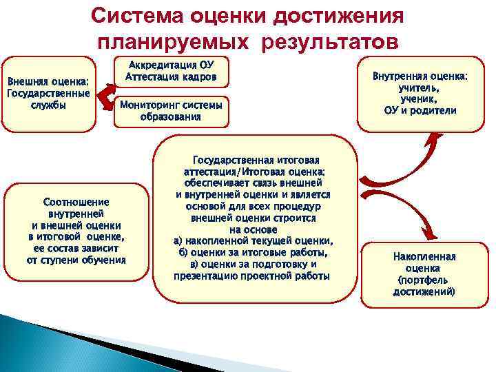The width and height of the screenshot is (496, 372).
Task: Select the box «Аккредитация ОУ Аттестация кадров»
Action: [171, 71]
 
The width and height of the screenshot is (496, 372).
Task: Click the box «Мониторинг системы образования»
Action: [171, 110]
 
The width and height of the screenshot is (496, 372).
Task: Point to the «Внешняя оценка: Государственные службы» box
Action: [48, 94]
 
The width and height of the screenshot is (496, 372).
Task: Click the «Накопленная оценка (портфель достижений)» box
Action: [424, 273]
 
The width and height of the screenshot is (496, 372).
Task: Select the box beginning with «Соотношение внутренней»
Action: [76, 231]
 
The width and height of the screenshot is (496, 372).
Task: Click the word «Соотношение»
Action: [76, 203]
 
